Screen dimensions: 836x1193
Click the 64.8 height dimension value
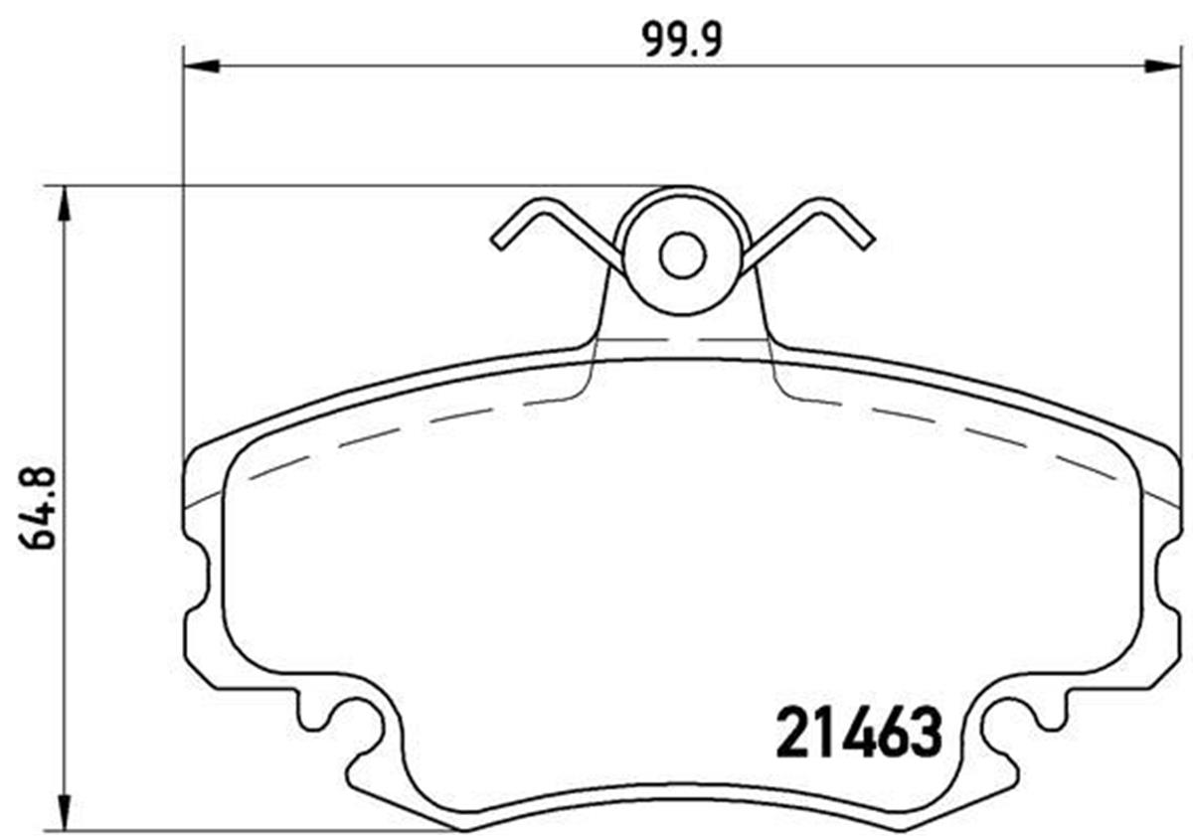(37, 508)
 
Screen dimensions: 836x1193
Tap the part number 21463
(857, 733)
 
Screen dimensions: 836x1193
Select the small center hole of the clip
(682, 255)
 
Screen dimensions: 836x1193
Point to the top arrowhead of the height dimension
(65, 203)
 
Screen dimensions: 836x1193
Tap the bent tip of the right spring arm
(866, 240)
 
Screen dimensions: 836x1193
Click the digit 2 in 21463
(791, 733)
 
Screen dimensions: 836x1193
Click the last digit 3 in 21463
(925, 733)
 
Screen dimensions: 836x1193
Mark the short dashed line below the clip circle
(682, 339)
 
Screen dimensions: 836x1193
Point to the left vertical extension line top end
(184, 50)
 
